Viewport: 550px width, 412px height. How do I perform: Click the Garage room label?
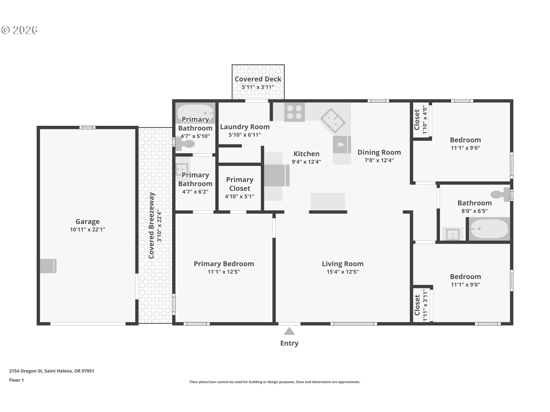(87, 221)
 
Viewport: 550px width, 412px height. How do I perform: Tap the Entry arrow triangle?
(289, 331)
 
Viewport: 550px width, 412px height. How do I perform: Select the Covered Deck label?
(258, 79)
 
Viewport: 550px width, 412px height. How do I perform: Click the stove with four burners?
(294, 112)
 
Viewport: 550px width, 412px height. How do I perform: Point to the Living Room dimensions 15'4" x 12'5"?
(343, 272)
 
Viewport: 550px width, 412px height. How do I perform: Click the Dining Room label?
(379, 152)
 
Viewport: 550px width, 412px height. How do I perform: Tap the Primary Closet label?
(240, 184)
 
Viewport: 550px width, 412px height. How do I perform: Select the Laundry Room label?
(245, 127)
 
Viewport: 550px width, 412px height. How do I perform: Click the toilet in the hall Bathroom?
(502, 195)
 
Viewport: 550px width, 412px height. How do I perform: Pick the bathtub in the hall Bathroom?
(490, 229)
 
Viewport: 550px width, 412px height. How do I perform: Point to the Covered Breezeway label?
(151, 225)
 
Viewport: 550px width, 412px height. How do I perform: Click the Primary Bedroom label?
(224, 264)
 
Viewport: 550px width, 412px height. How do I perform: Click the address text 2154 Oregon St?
(26, 371)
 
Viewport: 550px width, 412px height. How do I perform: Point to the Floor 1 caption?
(16, 380)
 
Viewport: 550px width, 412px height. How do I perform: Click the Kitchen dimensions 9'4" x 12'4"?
(306, 162)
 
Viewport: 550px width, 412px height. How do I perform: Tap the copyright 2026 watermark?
(19, 30)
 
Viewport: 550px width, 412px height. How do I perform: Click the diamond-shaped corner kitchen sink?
(333, 121)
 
